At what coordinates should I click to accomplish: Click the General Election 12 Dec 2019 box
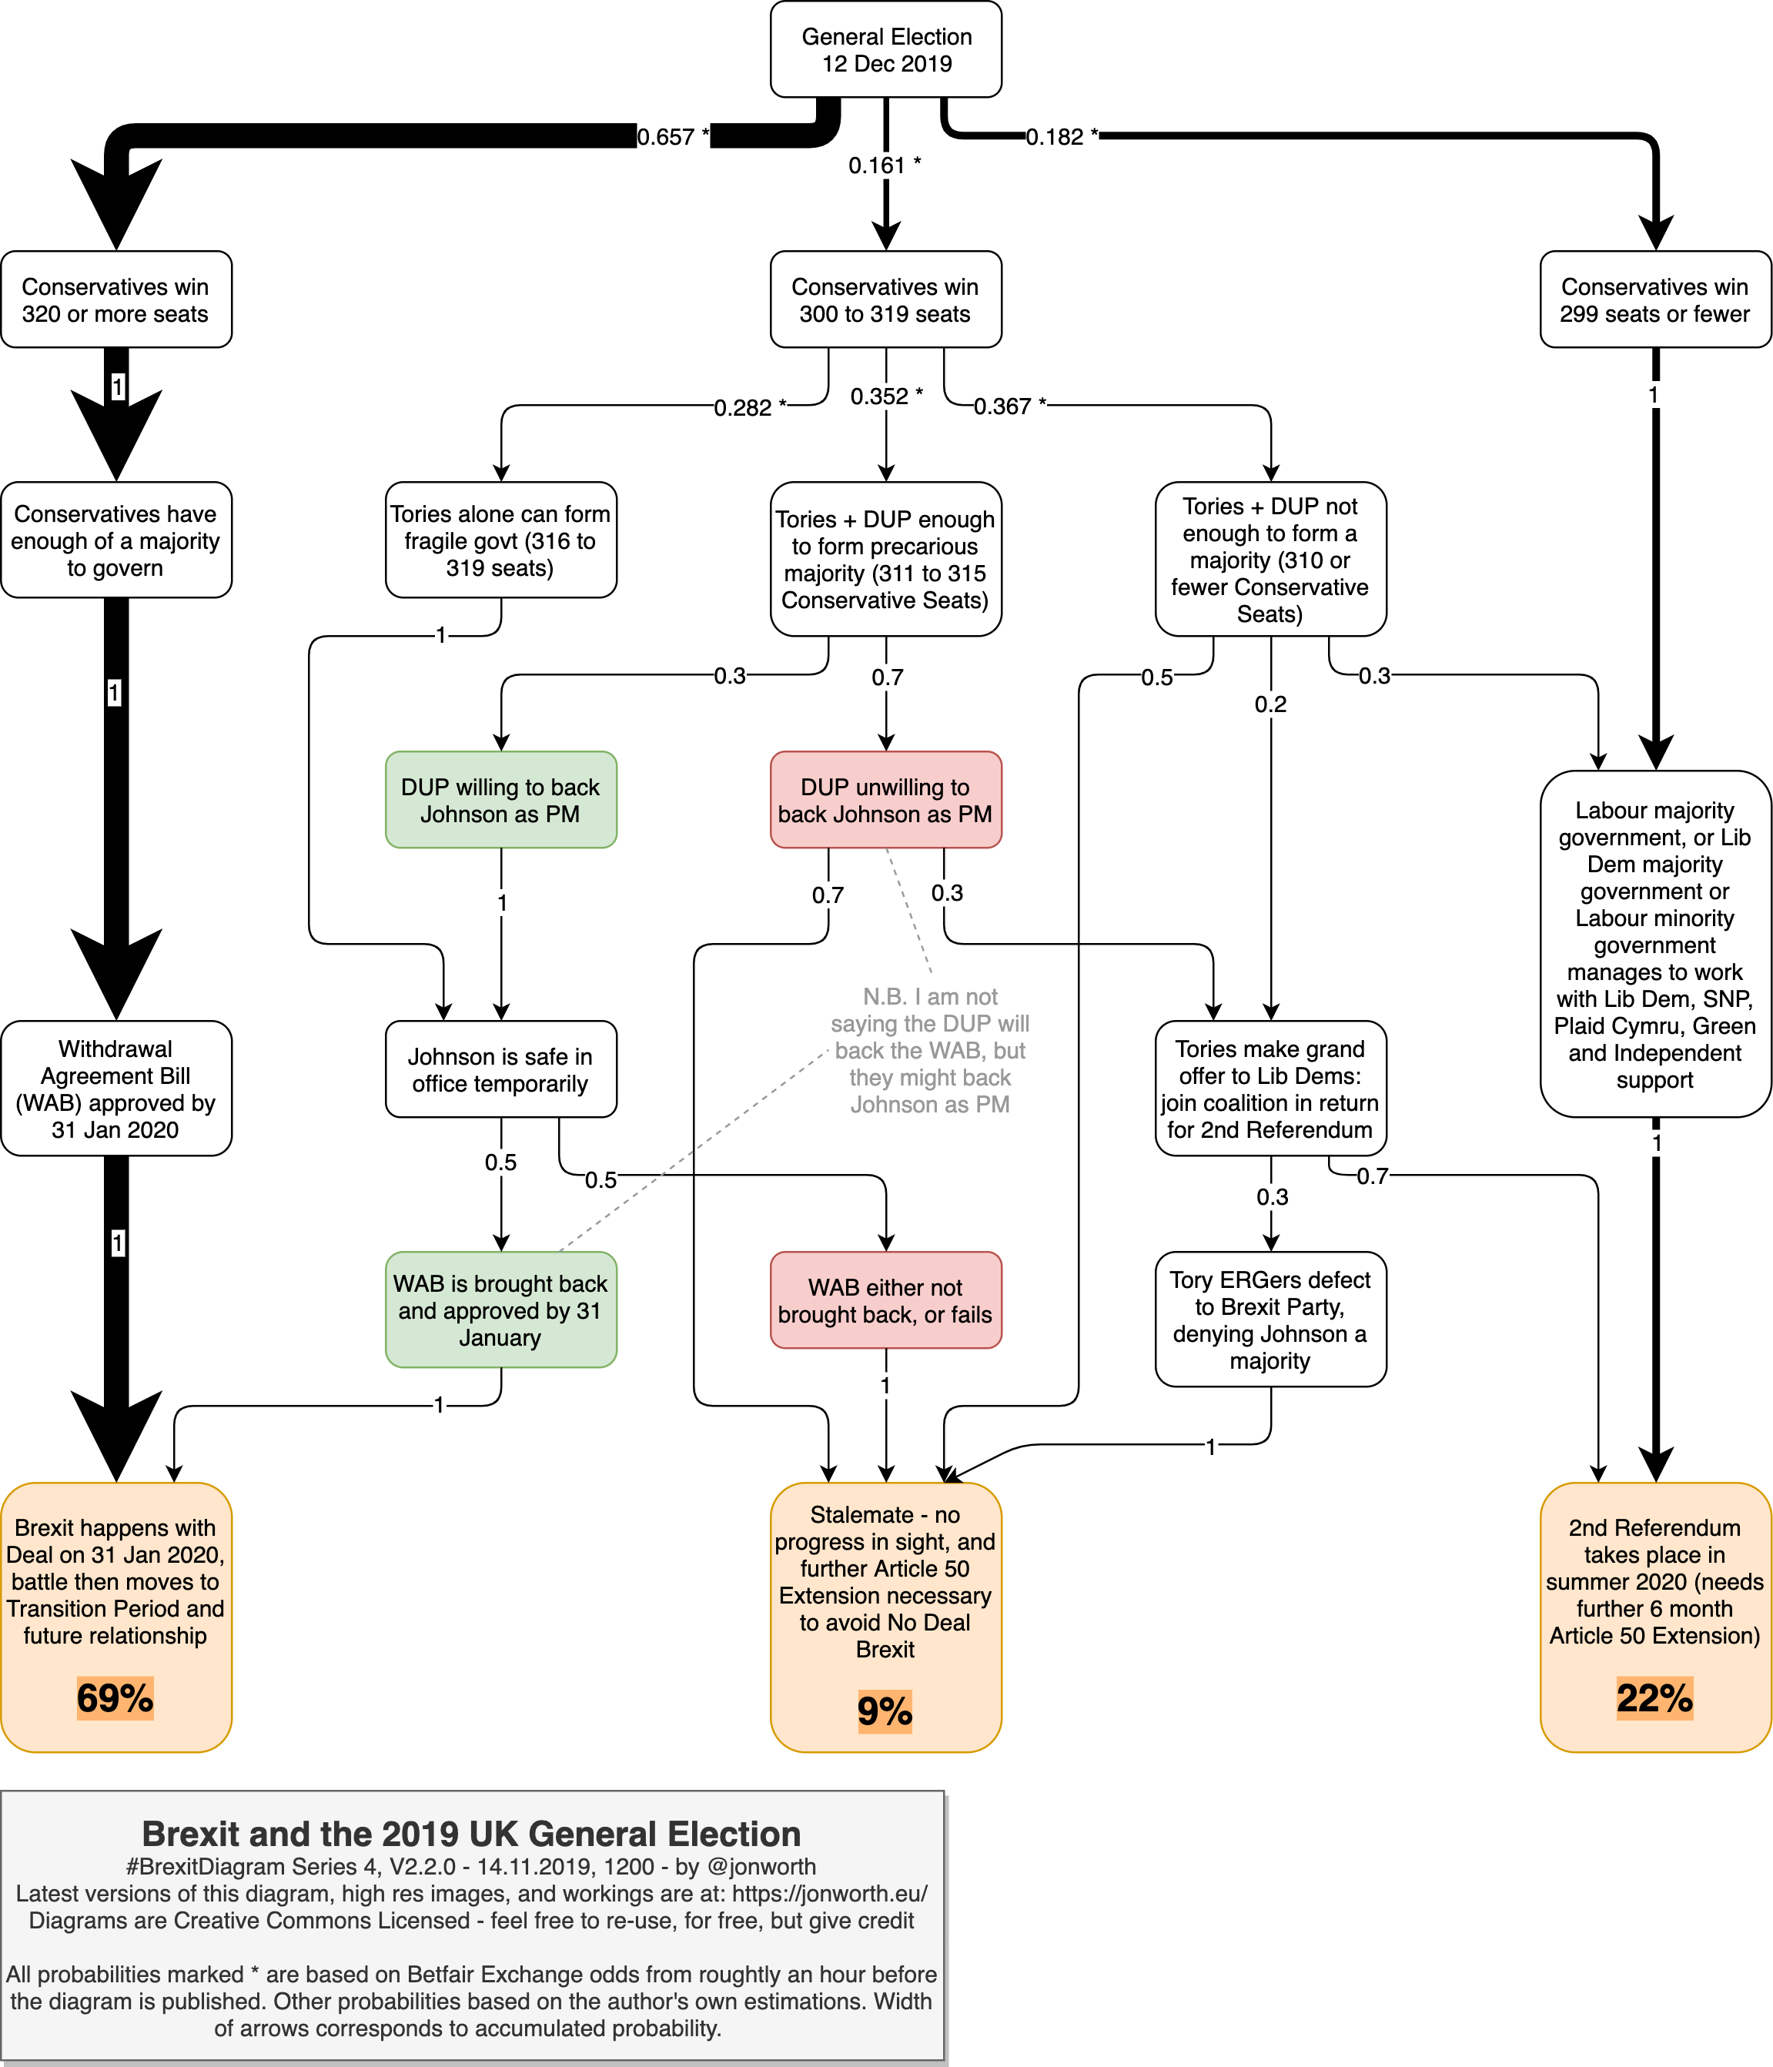[x=885, y=50]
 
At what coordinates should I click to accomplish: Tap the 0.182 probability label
[x=1062, y=137]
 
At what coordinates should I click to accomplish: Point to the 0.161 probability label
[x=884, y=166]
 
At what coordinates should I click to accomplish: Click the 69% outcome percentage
[x=115, y=1697]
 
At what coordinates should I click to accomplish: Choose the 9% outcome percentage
[x=885, y=1711]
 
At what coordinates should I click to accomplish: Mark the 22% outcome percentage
[x=1654, y=1697]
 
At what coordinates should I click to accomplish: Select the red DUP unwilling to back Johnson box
[x=885, y=800]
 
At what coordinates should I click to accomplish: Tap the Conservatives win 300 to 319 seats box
[x=885, y=299]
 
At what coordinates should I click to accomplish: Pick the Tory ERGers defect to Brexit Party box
[x=1270, y=1319]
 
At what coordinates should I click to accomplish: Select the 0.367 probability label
[x=1009, y=406]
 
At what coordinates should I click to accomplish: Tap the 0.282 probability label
[x=749, y=407]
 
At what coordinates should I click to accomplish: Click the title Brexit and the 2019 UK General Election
[x=471, y=1834]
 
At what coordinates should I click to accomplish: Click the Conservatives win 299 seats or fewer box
[x=1654, y=299]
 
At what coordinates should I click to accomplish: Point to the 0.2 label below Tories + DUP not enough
[x=1270, y=704]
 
